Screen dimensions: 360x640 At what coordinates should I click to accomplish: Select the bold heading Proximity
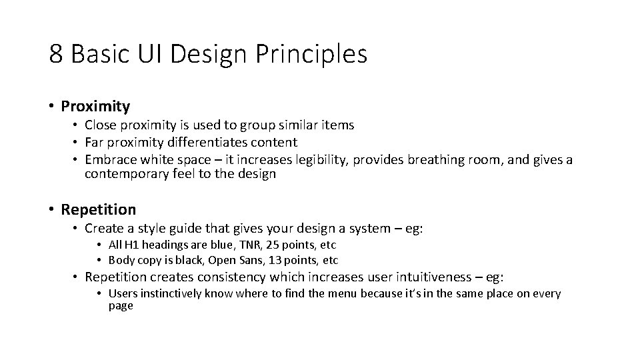tap(95, 106)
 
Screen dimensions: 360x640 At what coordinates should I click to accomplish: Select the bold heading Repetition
tap(98, 209)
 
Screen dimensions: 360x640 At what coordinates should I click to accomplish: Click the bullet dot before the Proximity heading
tap(51, 106)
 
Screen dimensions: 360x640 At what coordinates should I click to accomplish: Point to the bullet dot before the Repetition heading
tap(51, 209)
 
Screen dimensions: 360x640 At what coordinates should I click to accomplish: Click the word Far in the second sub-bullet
tap(95, 142)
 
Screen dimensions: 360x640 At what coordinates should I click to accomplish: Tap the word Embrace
tap(109, 160)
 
